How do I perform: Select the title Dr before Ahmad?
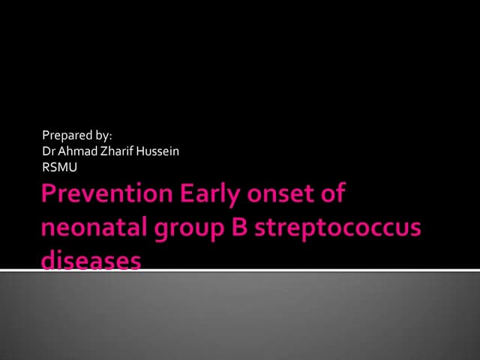tap(50, 151)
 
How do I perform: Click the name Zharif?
tap(115, 151)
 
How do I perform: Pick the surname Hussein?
tap(157, 151)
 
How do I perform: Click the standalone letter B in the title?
tap(234, 228)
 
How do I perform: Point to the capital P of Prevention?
tap(50, 195)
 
